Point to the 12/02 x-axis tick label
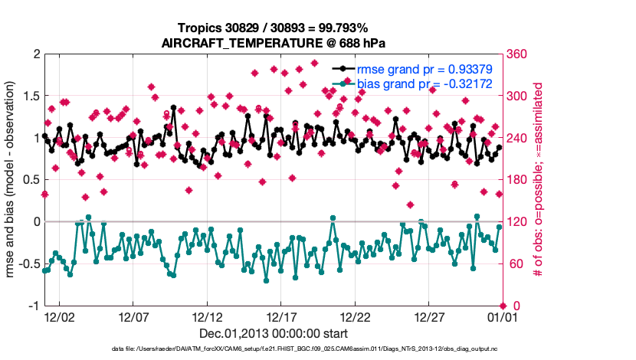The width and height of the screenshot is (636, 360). [x=59, y=316]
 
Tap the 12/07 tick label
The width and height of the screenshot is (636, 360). [x=133, y=316]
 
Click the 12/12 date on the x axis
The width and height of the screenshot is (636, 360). [x=208, y=316]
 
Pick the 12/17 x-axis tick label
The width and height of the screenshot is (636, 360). [x=281, y=316]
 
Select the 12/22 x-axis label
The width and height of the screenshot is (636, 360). [x=356, y=316]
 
